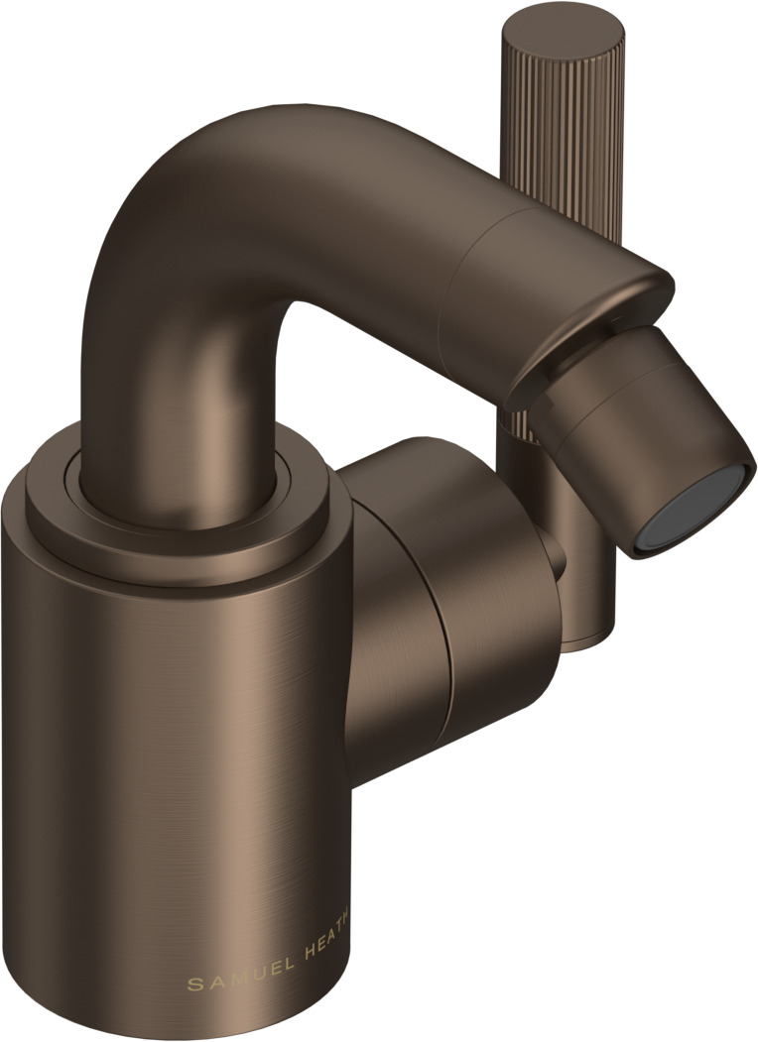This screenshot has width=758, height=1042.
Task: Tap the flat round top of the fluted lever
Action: click(564, 31)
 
